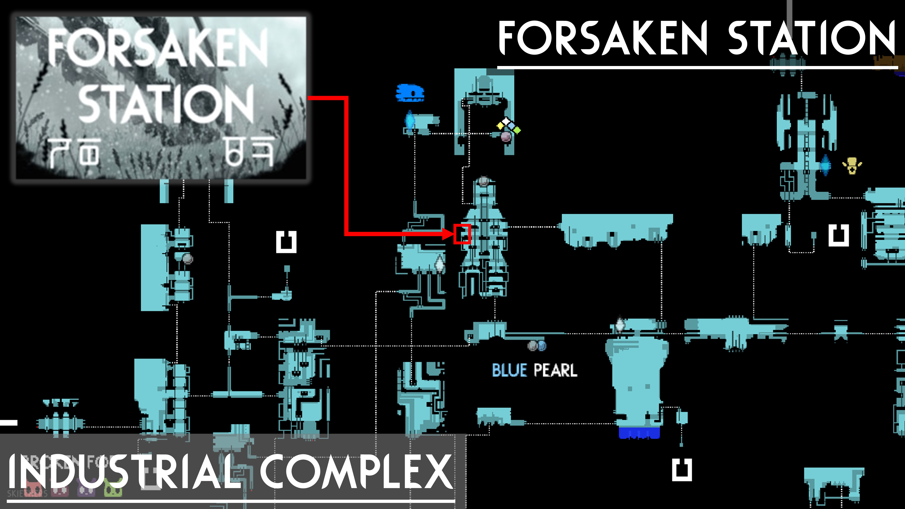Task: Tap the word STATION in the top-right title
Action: tap(811, 38)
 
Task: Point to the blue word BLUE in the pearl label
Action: tap(509, 370)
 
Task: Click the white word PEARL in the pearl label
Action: tap(555, 370)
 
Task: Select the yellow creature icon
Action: tap(852, 166)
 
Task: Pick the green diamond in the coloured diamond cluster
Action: tap(517, 130)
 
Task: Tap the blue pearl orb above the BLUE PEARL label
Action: tap(541, 346)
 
